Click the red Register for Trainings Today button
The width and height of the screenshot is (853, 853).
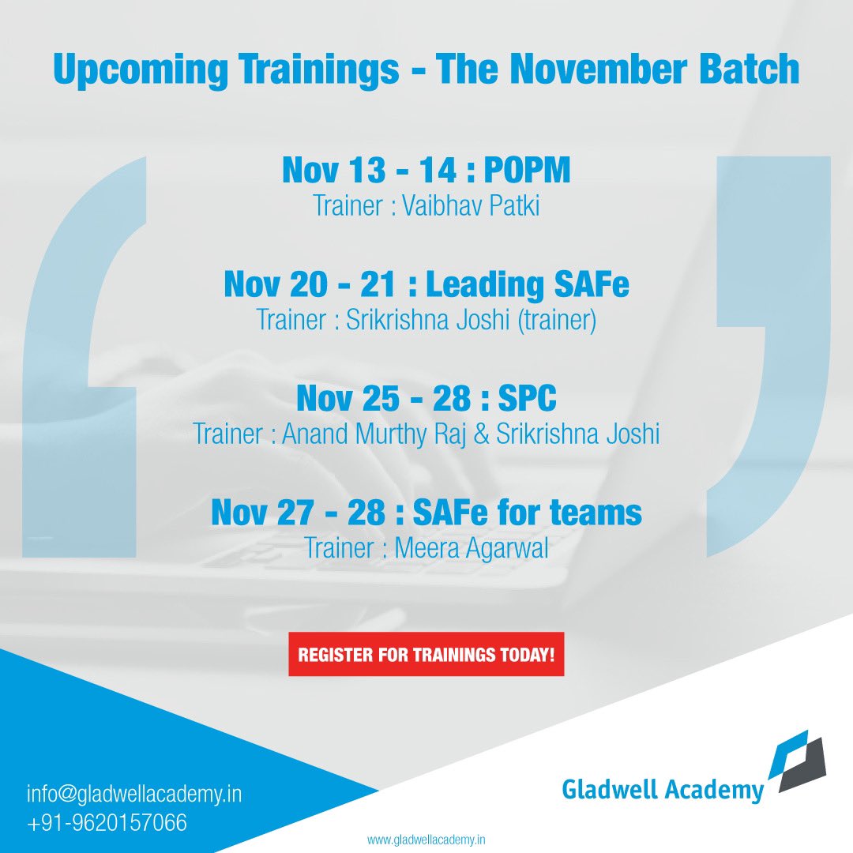426,654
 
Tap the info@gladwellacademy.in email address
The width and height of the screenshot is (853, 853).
134,793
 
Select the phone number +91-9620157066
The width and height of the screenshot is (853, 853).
107,822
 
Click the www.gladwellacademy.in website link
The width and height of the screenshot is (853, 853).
426,840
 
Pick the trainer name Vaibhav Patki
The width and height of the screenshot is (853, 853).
471,206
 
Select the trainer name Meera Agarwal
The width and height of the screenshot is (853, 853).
470,547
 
